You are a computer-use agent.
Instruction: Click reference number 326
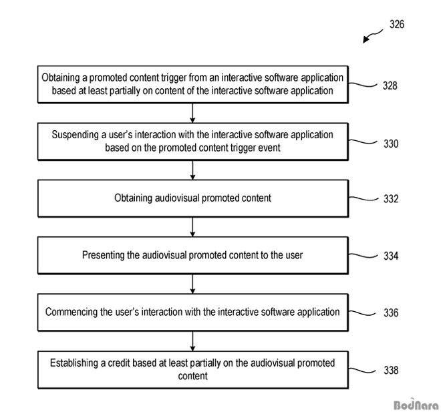[x=397, y=24]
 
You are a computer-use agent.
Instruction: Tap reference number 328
[x=390, y=85]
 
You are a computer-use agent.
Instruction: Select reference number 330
[x=391, y=144]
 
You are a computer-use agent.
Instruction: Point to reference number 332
[x=391, y=199]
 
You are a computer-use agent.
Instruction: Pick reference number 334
[x=391, y=256]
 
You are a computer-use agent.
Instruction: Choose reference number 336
[x=391, y=313]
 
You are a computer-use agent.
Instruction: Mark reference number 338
[x=391, y=370]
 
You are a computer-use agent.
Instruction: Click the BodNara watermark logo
[x=416, y=405]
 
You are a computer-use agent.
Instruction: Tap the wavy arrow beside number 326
[x=373, y=36]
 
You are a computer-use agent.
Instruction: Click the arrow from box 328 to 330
[x=192, y=113]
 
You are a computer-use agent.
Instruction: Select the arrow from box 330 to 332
[x=192, y=170]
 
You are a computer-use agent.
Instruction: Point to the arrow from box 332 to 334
[x=192, y=227]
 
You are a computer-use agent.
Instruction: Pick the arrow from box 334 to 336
[x=192, y=284]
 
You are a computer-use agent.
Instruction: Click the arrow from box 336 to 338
[x=192, y=341]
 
